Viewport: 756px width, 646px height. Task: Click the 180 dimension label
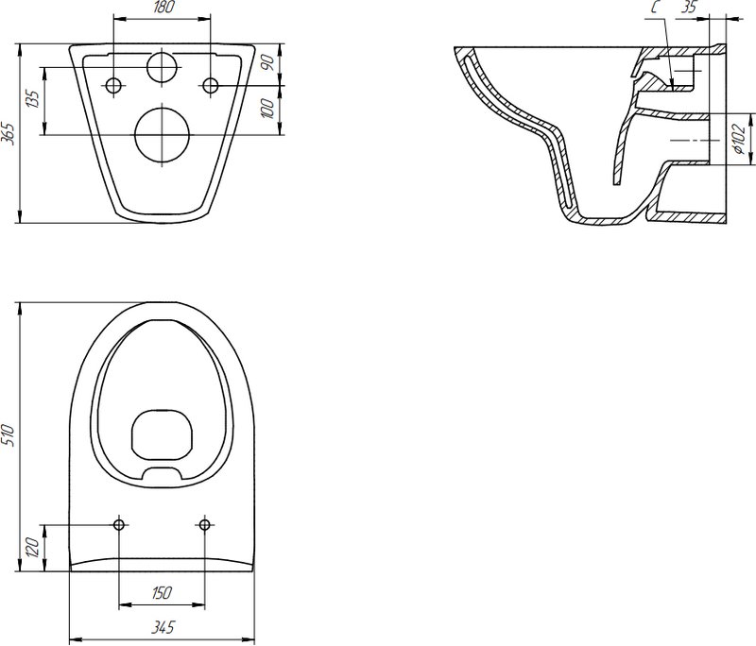pos(162,8)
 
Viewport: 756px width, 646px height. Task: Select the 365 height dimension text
pos(9,133)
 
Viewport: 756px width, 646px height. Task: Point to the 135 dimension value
pos(33,99)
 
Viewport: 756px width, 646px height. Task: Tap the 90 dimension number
pos(268,62)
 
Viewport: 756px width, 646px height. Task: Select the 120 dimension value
pos(32,548)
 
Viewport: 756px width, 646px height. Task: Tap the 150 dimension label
pos(161,592)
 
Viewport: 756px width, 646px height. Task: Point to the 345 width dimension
pos(163,627)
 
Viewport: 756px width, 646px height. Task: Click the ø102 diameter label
pos(740,138)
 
